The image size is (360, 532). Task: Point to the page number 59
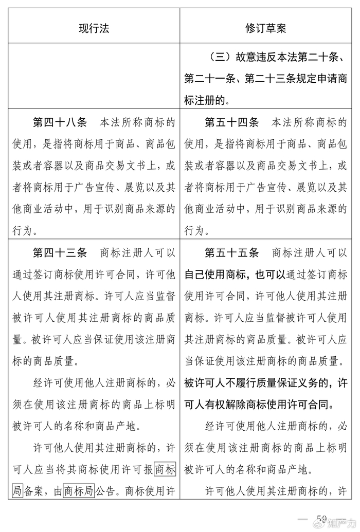[x=322, y=517]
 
